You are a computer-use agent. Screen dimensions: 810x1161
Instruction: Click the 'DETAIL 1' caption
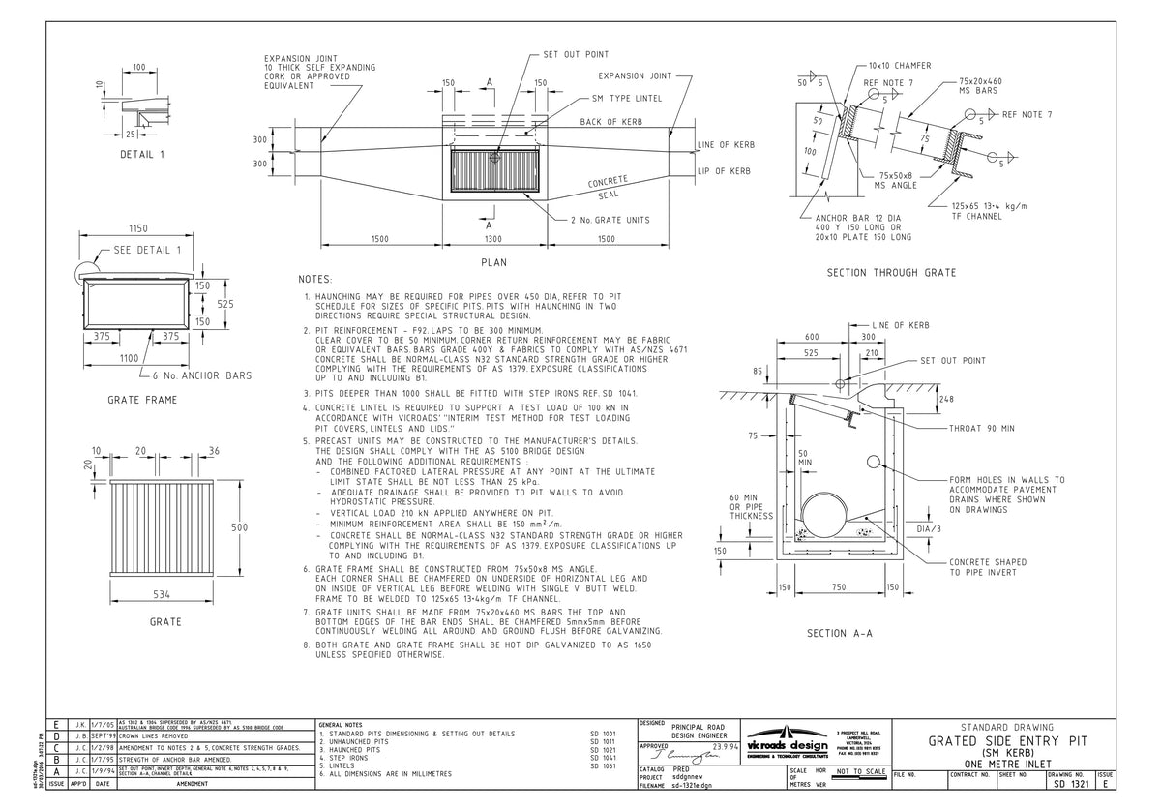(x=142, y=155)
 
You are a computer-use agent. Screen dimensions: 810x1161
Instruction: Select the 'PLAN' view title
(x=493, y=262)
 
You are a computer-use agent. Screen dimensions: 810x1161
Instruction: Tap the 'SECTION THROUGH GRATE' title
(x=891, y=273)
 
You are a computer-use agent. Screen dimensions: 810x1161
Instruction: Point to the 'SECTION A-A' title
(x=840, y=634)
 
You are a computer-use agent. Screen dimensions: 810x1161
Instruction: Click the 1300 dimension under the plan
(x=493, y=238)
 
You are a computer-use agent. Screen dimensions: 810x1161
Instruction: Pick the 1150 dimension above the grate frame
(x=138, y=227)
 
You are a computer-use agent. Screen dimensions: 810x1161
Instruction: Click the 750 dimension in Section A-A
(x=839, y=587)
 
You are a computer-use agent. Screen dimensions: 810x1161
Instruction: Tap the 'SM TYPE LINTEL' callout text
(x=627, y=99)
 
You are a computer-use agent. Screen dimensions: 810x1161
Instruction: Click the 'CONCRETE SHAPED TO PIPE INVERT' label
(x=988, y=568)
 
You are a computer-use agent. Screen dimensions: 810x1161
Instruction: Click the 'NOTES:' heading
(x=315, y=279)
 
